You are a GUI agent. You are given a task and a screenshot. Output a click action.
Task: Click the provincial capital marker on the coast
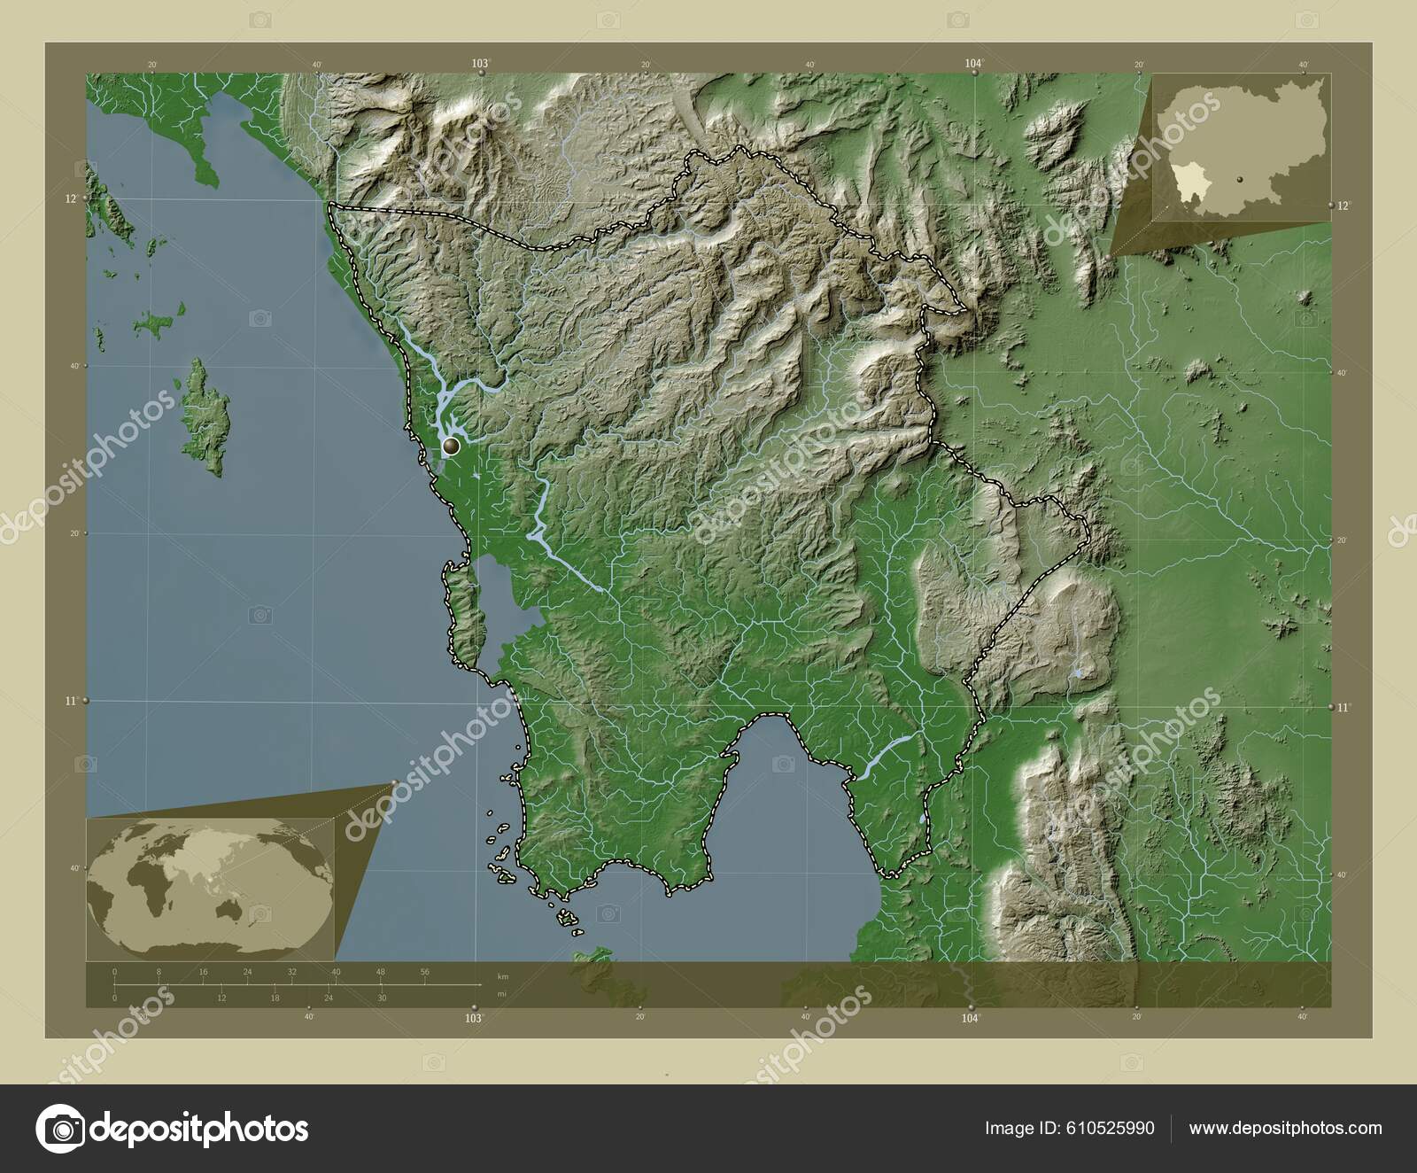tap(453, 445)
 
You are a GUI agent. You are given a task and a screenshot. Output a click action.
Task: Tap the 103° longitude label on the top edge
tap(480, 63)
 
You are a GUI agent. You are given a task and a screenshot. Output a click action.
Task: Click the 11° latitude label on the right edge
tap(1345, 707)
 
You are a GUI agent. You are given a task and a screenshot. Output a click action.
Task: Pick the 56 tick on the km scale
tap(425, 972)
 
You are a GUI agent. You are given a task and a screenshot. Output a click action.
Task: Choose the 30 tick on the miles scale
tap(382, 998)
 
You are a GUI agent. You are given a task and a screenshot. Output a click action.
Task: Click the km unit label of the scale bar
tap(503, 976)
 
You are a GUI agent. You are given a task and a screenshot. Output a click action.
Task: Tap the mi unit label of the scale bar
tap(502, 994)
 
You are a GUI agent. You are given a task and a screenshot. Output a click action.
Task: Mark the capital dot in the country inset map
tap(1241, 178)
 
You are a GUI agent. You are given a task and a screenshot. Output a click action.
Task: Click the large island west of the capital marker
tap(206, 416)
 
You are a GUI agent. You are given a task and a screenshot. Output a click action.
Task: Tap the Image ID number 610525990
tap(1111, 1128)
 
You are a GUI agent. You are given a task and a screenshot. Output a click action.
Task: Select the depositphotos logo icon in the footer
tap(59, 1129)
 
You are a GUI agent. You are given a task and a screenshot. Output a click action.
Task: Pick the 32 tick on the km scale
tap(292, 972)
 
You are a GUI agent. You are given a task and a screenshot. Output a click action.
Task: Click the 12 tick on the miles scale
tap(221, 998)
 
